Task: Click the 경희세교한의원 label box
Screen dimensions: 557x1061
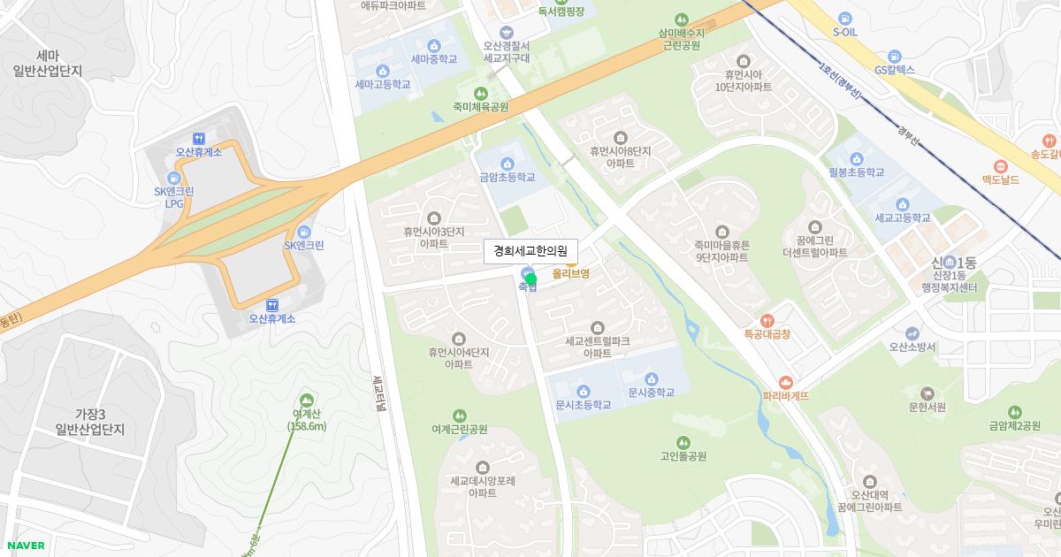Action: coord(530,251)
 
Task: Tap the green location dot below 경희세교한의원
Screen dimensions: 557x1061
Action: coord(530,279)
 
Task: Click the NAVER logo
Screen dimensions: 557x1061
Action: coord(25,546)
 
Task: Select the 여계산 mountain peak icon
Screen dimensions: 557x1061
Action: coord(307,400)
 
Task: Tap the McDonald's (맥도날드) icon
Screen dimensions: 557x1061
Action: coord(1001,166)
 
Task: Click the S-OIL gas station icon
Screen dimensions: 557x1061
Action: coord(845,18)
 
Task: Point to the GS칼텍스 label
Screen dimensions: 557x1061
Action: coord(894,70)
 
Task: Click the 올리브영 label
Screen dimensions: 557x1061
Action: coord(571,274)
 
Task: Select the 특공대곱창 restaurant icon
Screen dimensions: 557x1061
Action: coord(767,320)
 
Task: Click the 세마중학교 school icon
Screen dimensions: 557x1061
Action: coord(434,46)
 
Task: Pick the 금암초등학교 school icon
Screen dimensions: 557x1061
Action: coord(507,164)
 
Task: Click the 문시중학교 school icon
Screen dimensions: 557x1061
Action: coord(652,379)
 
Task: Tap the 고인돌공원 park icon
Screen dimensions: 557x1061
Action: coord(683,442)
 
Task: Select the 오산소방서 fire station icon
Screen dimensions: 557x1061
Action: coord(912,334)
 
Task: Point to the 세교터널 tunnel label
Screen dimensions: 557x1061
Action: coord(378,394)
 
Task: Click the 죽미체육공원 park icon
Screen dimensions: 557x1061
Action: coord(481,93)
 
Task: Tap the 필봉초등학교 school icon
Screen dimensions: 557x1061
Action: coord(855,159)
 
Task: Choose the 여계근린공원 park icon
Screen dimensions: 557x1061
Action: coord(459,416)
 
